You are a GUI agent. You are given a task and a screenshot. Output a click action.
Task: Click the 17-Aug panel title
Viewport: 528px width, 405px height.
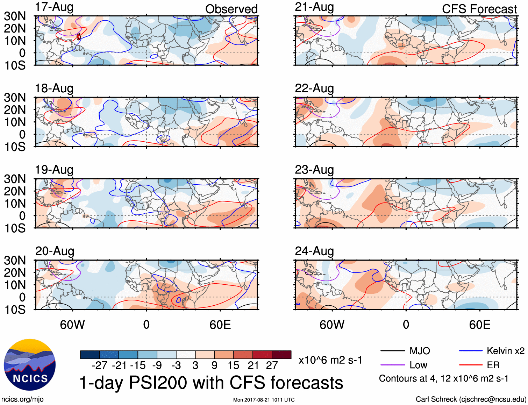(x=54, y=7)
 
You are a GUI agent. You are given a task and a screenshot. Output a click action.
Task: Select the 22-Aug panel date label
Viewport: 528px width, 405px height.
(x=314, y=88)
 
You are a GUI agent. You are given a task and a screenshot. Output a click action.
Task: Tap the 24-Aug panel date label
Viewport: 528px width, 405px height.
(x=314, y=251)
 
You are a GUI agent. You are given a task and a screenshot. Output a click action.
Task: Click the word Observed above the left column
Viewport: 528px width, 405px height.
(x=231, y=9)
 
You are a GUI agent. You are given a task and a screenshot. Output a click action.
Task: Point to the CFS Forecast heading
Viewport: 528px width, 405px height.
(x=479, y=9)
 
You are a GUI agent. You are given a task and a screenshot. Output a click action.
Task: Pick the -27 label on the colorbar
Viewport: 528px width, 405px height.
(x=99, y=365)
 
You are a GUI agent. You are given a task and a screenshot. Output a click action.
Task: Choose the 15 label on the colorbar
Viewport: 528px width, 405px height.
(x=233, y=365)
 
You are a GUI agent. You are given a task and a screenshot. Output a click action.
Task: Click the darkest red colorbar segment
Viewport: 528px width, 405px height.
(x=281, y=355)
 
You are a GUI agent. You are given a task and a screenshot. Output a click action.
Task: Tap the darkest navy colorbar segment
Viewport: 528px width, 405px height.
(x=90, y=355)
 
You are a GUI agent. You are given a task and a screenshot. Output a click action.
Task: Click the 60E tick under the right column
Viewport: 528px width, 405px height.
(x=479, y=325)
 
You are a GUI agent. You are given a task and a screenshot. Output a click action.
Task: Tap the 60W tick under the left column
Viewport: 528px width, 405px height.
(x=72, y=325)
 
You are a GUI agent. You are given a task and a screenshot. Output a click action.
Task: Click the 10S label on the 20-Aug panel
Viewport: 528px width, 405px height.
(x=15, y=310)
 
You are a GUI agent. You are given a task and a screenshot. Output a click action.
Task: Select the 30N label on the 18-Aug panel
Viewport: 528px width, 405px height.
(x=15, y=98)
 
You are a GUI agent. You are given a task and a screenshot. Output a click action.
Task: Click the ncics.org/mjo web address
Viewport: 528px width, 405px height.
(x=22, y=399)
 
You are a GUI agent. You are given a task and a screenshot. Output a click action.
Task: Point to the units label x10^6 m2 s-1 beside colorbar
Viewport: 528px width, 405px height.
(x=330, y=360)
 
